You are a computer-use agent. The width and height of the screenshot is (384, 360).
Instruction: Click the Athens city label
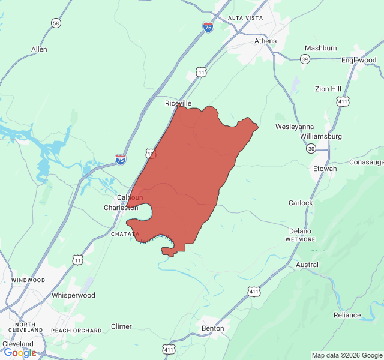click(x=265, y=41)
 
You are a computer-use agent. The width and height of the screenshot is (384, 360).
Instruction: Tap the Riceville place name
click(x=178, y=103)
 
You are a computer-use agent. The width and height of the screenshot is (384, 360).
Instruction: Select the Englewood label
click(x=359, y=61)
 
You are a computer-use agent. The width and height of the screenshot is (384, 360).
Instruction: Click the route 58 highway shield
click(x=56, y=23)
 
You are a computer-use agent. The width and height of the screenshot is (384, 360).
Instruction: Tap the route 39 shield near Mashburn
click(x=305, y=59)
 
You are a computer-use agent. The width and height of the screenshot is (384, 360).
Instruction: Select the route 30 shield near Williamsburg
click(x=310, y=148)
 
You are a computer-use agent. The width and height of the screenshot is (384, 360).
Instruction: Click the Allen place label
click(x=39, y=49)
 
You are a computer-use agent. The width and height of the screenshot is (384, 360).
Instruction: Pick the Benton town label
click(x=213, y=328)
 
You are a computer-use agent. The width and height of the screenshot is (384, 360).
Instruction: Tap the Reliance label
click(x=348, y=315)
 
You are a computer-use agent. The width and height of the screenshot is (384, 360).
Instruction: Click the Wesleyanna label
click(x=295, y=127)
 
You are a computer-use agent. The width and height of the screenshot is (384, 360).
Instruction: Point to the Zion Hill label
click(x=328, y=89)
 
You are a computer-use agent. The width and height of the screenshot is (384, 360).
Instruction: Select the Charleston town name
click(x=121, y=208)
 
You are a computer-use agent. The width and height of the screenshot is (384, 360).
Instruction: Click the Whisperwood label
click(x=73, y=295)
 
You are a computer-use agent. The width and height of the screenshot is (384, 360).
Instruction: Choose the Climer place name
click(x=121, y=326)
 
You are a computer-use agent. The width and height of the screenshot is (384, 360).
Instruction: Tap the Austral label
click(x=307, y=265)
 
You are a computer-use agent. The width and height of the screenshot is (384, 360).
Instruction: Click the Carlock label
click(x=301, y=203)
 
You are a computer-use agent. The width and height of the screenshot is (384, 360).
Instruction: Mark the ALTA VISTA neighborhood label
click(x=245, y=19)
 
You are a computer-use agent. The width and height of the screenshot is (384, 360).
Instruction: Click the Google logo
click(x=20, y=353)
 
